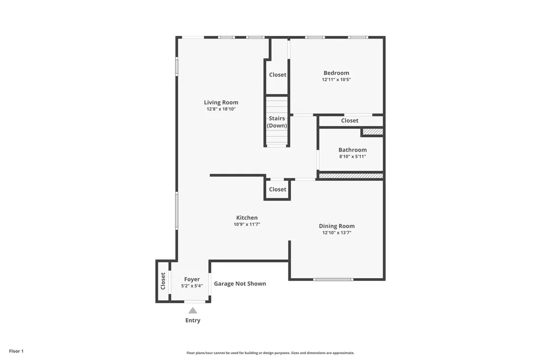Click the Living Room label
pos(221,102)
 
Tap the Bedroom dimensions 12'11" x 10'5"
pos(336,80)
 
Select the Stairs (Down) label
pos(277,122)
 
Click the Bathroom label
pos(352,150)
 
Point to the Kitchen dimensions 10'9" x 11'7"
pos(247,224)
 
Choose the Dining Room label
pos(337,226)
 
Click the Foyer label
pos(192,279)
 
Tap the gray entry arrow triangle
pos(193,310)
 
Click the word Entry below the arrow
pos(193,320)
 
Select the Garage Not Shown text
pos(240,283)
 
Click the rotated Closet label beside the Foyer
pos(163,281)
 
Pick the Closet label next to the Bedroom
pos(277,75)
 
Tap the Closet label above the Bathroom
pos(349,121)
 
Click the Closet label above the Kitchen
pos(277,190)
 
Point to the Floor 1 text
pos(16,351)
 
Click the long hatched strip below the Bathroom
pos(351,176)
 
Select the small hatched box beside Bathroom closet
pos(372,131)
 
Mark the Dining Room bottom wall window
pos(333,279)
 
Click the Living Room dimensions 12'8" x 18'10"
pos(221,109)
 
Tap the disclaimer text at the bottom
pos(270,353)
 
